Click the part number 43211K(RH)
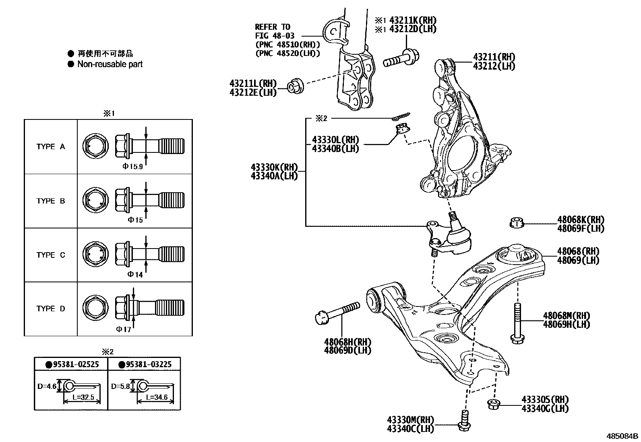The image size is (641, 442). coord(412,21)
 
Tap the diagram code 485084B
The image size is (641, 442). coord(623,436)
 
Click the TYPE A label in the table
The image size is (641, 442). coord(50,147)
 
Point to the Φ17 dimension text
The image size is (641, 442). coord(124,329)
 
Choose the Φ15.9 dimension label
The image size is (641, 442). coord(133,166)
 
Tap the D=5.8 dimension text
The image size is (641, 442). coord(120,386)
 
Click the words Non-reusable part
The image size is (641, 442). coord(110,64)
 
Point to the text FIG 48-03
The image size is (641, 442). coord(275,36)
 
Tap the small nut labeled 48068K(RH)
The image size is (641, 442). coord(516,222)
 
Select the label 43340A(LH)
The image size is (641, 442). coord(274,176)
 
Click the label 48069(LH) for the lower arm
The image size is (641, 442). coord(578,260)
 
